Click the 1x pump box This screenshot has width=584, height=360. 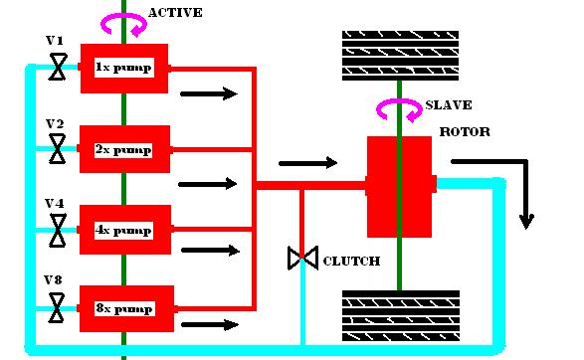coord(124,69)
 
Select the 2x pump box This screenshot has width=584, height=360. coord(124,149)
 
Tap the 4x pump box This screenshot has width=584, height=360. coord(125,230)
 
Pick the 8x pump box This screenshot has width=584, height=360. coord(126,308)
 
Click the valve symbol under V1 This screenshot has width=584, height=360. coord(58,67)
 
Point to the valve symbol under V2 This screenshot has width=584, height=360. coord(58,149)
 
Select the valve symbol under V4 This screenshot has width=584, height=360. coord(58,231)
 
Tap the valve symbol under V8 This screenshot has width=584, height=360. coord(57,308)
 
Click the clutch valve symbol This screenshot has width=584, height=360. coord(302,258)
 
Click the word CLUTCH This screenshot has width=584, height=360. coord(351,261)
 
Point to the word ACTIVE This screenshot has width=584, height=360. coord(175,13)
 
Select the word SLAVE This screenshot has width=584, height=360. coord(449,105)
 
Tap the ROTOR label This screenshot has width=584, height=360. coord(465,132)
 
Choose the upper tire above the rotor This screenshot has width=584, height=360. coord(400,56)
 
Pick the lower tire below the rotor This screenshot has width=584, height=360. coord(401,316)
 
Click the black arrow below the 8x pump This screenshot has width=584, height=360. coord(210,325)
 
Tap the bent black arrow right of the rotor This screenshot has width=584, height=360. coord(526,162)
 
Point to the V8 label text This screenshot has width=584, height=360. coord(54,280)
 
